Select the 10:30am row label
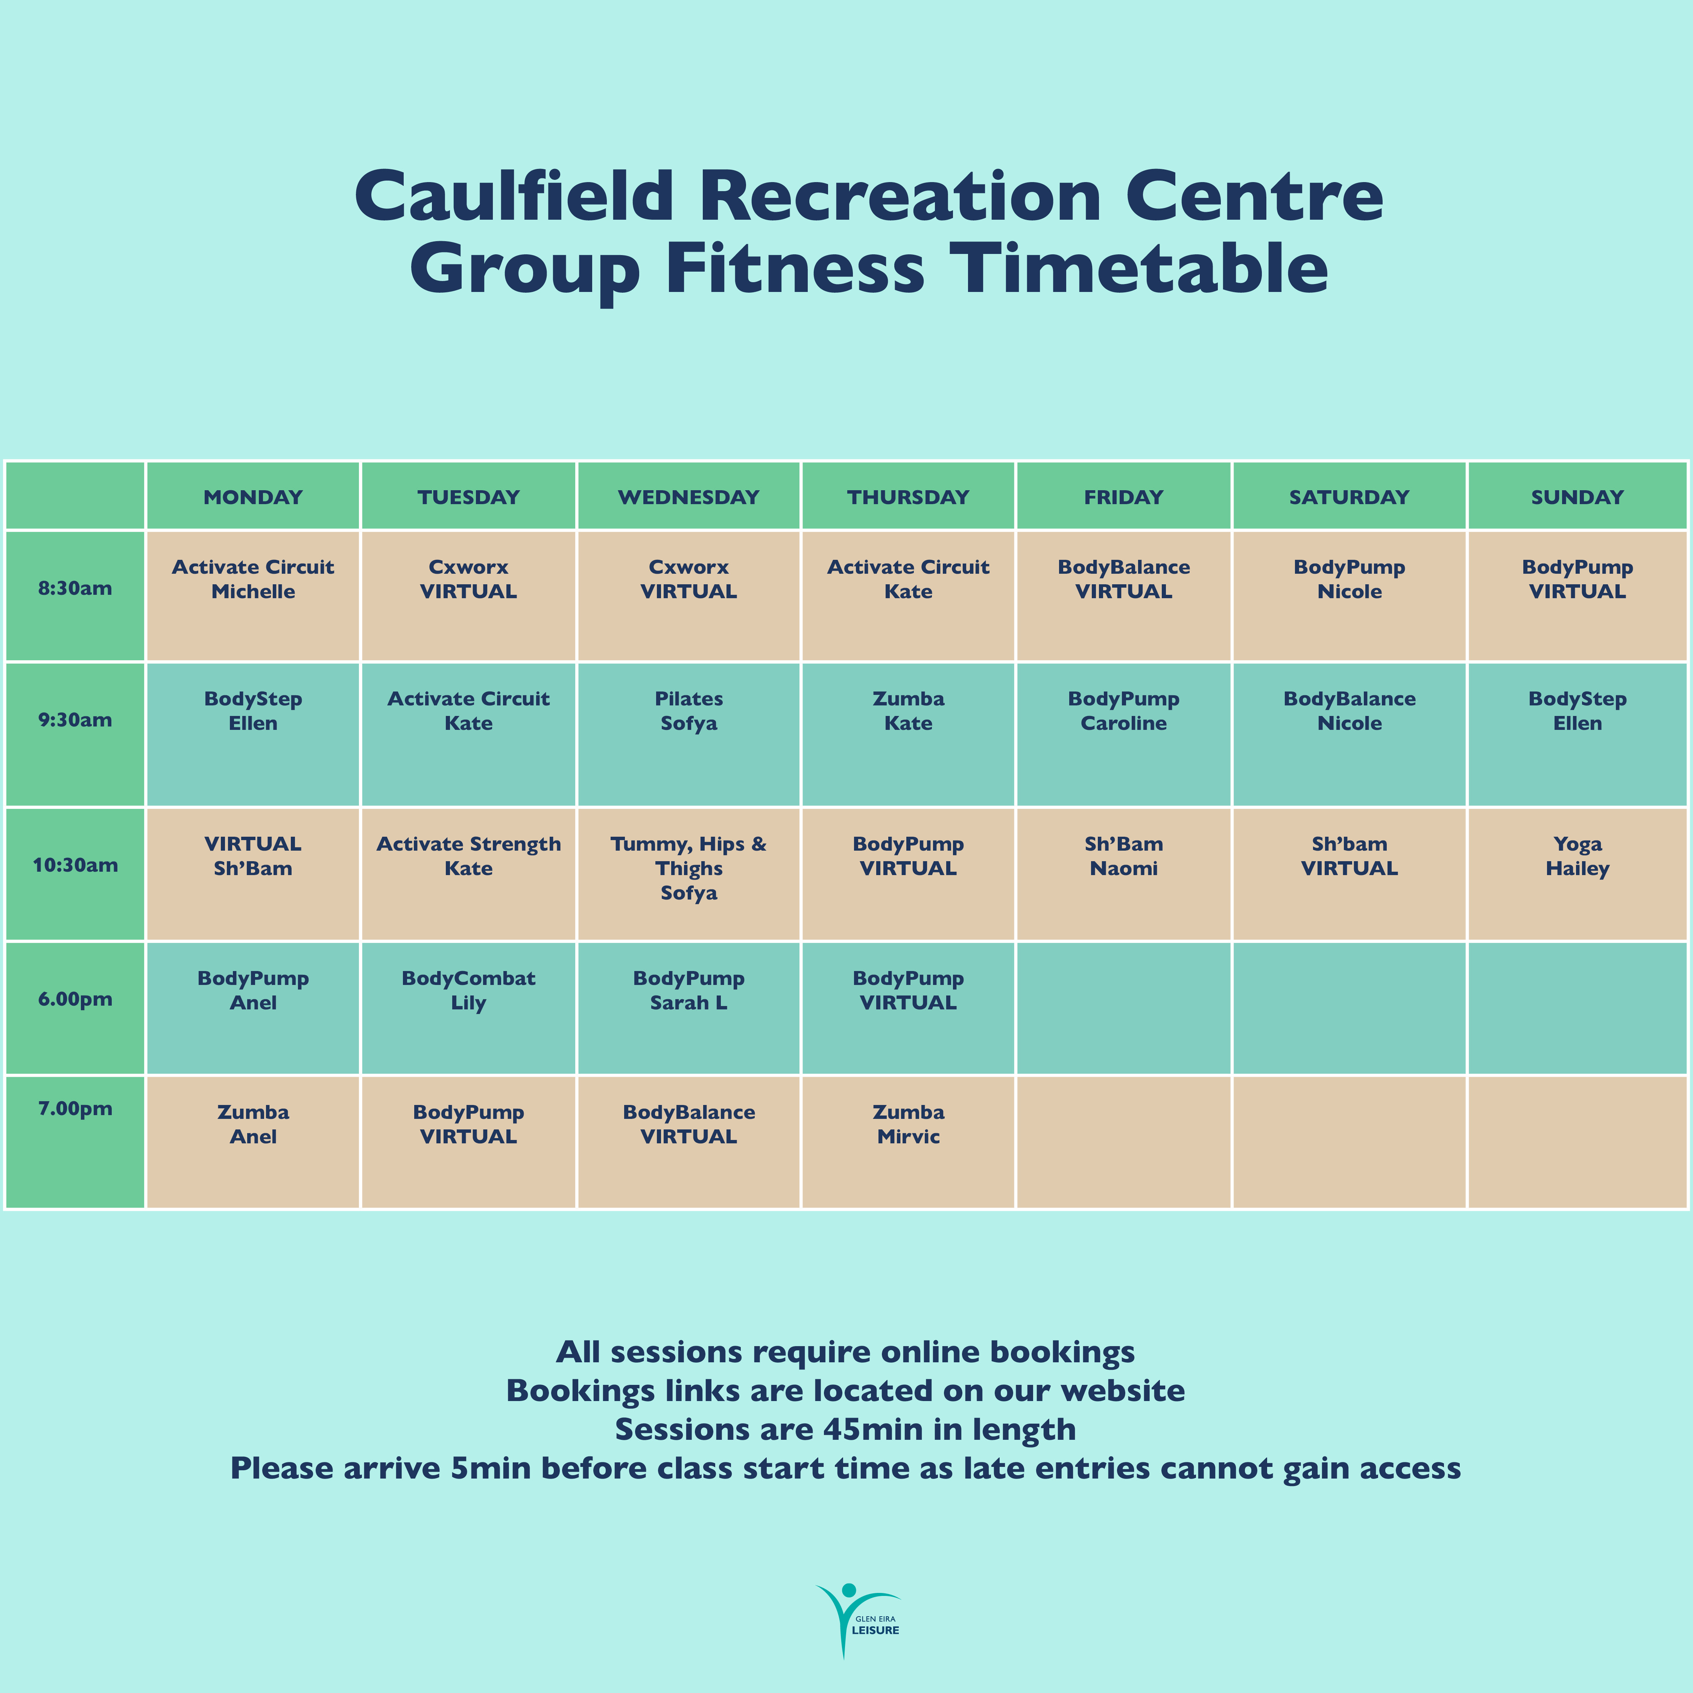coord(75,865)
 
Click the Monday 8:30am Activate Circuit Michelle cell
coord(253,596)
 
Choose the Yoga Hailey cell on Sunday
coord(1577,874)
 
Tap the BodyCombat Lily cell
coord(469,1008)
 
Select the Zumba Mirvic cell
coord(908,1142)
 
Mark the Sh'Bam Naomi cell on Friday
coord(1123,874)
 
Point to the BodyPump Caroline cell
coord(1123,734)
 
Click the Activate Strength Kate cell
coord(469,874)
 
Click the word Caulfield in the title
coord(514,195)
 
